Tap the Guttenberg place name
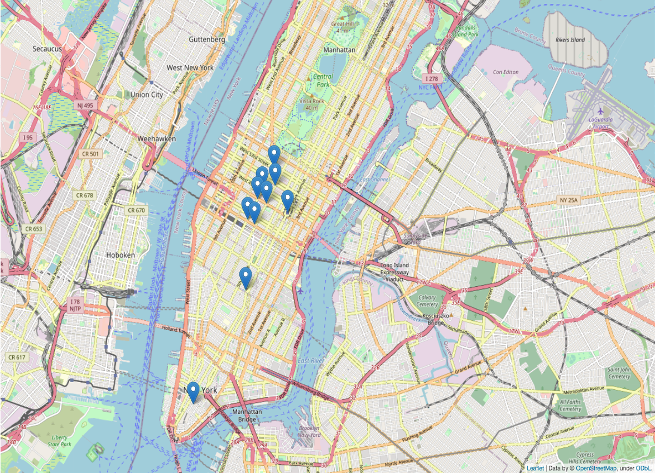click(x=206, y=40)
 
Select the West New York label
click(x=190, y=67)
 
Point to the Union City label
click(x=147, y=95)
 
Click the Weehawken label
click(x=157, y=138)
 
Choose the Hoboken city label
click(x=121, y=255)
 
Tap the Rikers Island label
click(x=570, y=40)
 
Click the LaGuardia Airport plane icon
click(x=600, y=111)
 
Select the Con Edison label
click(x=505, y=72)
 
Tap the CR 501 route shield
click(x=89, y=154)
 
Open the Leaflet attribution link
click(x=535, y=469)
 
